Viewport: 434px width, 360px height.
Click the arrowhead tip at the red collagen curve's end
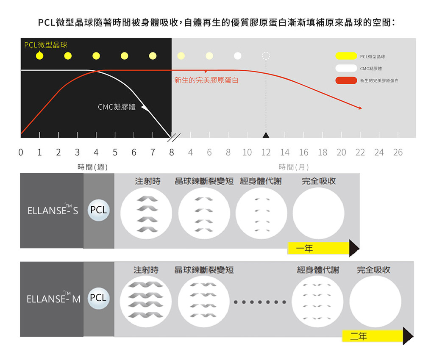coord(362,109)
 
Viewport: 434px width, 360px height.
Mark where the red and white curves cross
coord(97,71)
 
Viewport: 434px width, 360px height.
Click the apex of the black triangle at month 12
coord(266,132)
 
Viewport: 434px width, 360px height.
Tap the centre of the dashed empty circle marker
coord(266,56)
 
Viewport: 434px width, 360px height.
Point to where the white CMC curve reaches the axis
coord(171,137)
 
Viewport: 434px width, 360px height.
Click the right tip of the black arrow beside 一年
coord(359,248)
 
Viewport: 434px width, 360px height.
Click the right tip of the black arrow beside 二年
coord(414,336)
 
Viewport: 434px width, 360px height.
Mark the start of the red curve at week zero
coord(21,133)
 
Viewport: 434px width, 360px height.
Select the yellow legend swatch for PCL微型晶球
coord(346,56)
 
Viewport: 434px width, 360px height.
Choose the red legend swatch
coord(346,80)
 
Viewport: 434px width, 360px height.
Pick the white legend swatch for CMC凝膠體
coord(346,68)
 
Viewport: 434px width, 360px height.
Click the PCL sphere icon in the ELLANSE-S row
coord(98,210)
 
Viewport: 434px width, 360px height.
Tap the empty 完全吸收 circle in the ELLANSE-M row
coord(375,302)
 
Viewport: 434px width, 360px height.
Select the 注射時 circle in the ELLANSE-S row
coord(146,213)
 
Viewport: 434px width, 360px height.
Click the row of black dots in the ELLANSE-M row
coord(260,302)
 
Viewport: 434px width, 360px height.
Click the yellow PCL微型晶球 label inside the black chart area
coord(46,45)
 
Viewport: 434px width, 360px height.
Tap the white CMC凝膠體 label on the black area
coord(117,107)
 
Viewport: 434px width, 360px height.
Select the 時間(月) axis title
coord(293,167)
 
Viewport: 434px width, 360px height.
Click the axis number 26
coord(398,152)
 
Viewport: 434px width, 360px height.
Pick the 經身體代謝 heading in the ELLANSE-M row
coord(318,270)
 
